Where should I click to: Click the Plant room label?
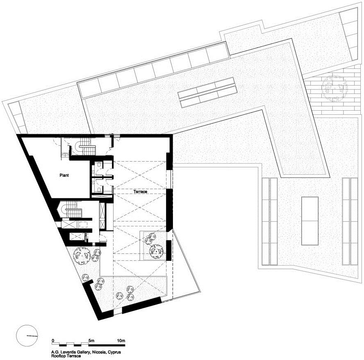pos(64,175)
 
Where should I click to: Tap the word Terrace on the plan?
pos(140,192)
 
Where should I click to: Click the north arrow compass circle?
pos(27,335)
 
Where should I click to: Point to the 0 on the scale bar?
pos(53,341)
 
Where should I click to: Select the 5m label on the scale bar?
pos(91,341)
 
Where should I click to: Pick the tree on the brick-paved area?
pos(333,88)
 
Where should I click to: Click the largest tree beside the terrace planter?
pos(156,251)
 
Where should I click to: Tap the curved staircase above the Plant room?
pos(85,147)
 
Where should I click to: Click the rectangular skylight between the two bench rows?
pos(309,221)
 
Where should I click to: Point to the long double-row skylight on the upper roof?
pos(207,92)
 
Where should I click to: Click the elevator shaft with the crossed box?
pos(70,224)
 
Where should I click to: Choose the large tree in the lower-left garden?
pos(82,256)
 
